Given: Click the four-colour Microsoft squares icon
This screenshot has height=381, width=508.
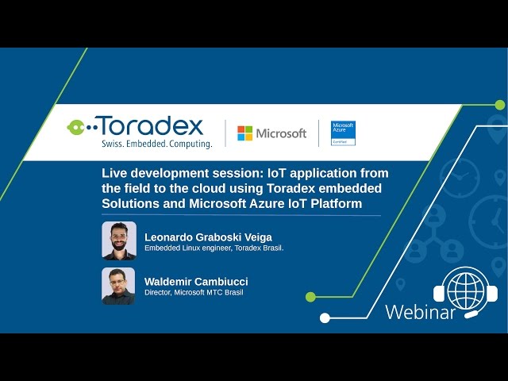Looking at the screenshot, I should (245, 133).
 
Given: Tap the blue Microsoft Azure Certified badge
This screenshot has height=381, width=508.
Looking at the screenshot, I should (343, 133).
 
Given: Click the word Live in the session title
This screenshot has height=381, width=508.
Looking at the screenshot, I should (114, 173).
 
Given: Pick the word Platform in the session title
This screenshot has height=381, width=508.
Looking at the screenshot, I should (334, 203).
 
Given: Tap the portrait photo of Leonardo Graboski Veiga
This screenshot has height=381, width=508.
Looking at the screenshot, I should (118, 241).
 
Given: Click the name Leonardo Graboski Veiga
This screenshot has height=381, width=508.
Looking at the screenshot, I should (208, 237).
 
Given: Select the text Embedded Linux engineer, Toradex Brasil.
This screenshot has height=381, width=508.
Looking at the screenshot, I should (214, 248).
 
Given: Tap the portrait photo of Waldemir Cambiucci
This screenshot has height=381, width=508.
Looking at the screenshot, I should (118, 286).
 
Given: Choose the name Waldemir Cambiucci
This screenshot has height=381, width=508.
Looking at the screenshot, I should (196, 282).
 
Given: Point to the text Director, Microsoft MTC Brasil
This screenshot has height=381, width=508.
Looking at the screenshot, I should (194, 292).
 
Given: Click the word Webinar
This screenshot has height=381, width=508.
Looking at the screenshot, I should (420, 312).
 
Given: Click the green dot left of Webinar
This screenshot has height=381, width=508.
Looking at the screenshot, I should (310, 297).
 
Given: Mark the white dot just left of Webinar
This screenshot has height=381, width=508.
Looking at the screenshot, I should (325, 317).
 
